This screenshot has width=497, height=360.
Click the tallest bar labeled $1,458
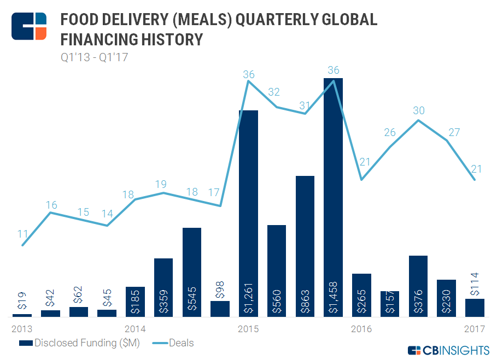[x=333, y=197]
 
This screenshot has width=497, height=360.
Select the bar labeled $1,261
[x=249, y=213]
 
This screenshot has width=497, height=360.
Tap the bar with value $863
[x=305, y=246]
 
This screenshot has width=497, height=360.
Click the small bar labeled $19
[x=22, y=315]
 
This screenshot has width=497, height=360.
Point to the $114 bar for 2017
[x=475, y=307]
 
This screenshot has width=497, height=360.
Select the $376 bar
[x=418, y=286]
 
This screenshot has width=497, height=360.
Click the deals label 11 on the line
[x=22, y=234]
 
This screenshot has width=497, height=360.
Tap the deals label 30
[x=419, y=110]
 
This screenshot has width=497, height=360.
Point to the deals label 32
[x=277, y=92]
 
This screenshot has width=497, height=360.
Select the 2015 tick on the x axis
[x=248, y=329]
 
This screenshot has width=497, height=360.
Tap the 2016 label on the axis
[x=361, y=329]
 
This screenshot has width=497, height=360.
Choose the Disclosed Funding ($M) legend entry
[x=79, y=343]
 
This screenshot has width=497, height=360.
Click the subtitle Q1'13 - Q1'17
[x=93, y=57]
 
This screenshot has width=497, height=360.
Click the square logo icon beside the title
[x=29, y=25]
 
